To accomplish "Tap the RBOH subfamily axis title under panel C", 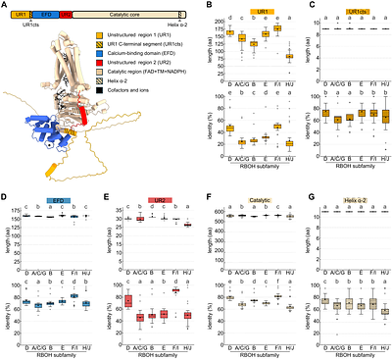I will coord(348,168).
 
